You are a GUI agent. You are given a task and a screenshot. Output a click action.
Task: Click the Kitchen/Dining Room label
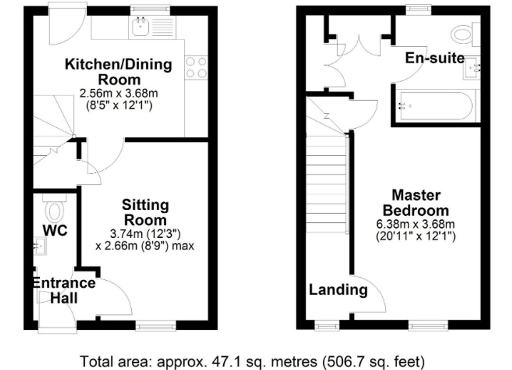tap(118, 71)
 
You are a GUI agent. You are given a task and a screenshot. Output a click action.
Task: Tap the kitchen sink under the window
tap(140, 27)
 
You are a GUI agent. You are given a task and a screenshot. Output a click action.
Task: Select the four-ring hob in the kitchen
tap(196, 67)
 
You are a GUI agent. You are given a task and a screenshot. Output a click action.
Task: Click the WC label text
tap(55, 231)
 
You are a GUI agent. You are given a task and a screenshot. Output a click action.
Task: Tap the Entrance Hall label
tap(64, 290)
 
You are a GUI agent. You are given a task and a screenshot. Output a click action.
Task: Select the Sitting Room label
tap(145, 213)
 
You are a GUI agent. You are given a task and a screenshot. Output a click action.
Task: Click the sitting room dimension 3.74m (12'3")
tap(145, 233)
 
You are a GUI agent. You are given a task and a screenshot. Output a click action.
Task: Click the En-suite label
tap(435, 58)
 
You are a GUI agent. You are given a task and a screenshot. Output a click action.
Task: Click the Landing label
tap(338, 289)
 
